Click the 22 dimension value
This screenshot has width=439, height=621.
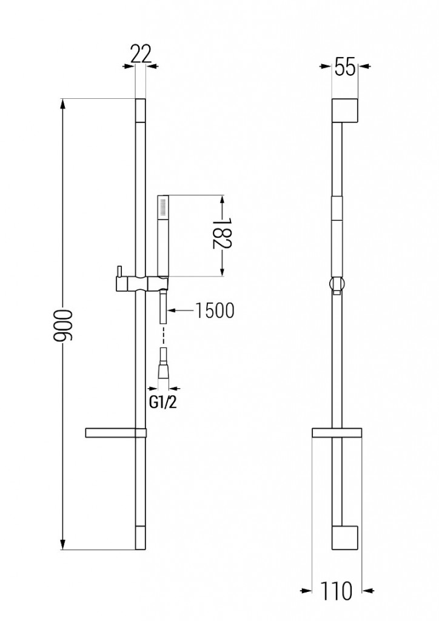click(140, 55)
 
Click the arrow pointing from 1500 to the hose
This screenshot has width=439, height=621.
click(172, 310)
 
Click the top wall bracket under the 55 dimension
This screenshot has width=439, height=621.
click(347, 110)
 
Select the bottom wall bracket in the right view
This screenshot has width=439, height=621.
click(347, 537)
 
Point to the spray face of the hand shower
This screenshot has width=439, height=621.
click(161, 207)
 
